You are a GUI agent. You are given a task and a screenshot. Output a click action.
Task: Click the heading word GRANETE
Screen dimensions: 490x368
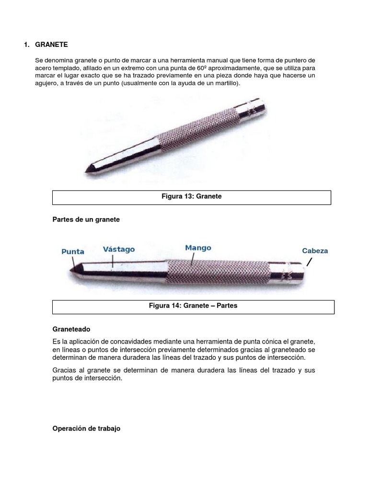(52, 45)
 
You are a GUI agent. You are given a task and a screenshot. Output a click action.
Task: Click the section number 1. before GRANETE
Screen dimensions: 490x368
(27, 45)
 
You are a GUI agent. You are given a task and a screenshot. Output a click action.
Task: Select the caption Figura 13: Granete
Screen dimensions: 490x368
(191, 197)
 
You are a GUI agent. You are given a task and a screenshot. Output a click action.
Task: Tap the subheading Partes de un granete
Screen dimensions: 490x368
(86, 219)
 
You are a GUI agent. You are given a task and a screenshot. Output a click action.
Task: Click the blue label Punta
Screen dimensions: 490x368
(73, 251)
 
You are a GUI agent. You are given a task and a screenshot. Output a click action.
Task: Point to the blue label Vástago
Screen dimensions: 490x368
(119, 249)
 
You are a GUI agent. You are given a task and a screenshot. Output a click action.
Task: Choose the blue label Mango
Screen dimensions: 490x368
(198, 248)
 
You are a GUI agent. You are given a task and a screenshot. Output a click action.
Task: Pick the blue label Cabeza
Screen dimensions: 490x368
(315, 250)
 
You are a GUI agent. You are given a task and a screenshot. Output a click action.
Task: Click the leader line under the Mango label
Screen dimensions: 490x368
(192, 260)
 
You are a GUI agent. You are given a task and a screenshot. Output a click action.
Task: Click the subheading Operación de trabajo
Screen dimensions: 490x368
(86, 429)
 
